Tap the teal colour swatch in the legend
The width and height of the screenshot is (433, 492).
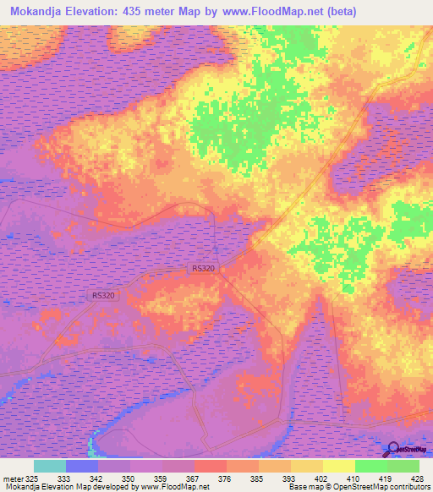click(50, 466)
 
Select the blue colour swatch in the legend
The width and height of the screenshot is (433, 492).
click(82, 466)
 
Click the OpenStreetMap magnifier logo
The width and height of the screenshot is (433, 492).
click(391, 448)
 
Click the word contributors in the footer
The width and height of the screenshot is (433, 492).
click(404, 487)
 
